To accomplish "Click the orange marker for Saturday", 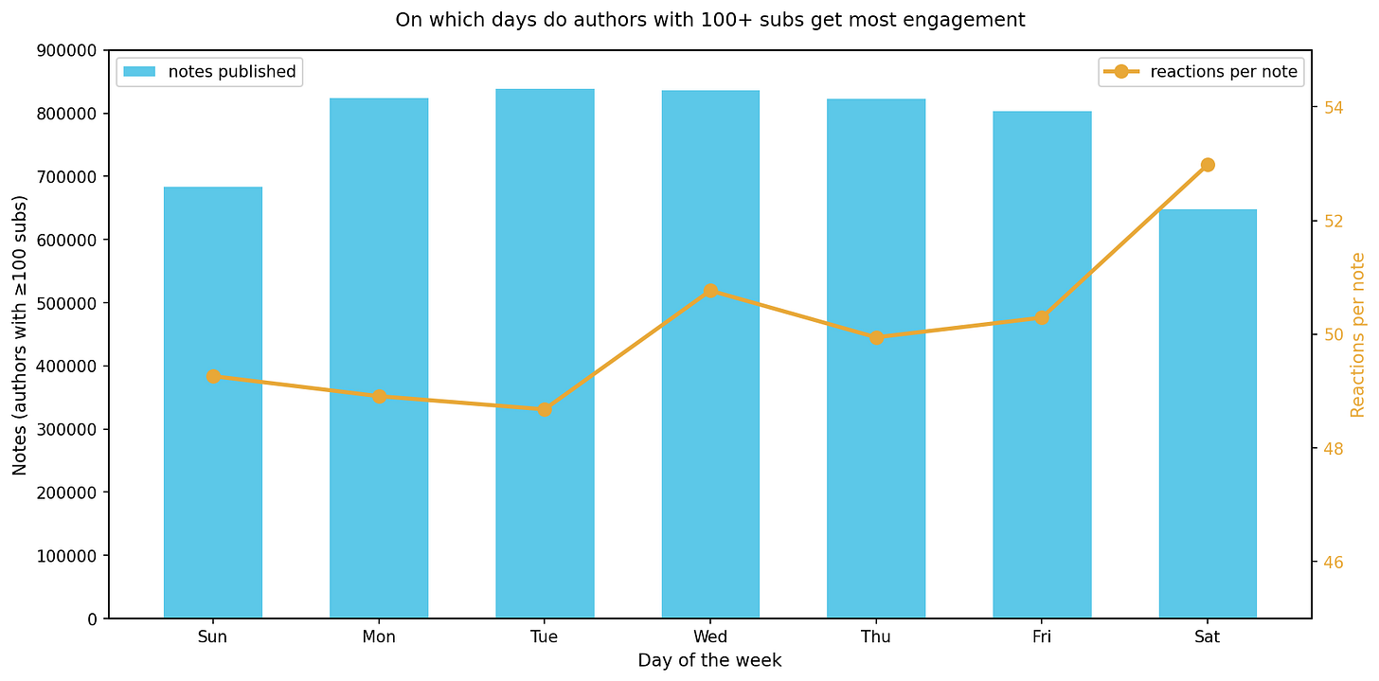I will click(1208, 165).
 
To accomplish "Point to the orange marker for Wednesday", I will click(710, 291).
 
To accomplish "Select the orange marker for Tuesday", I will click(545, 409).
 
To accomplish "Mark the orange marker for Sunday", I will click(213, 376).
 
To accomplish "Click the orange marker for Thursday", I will click(876, 337).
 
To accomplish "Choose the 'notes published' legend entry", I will click(209, 71).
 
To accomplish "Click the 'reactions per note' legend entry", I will click(1201, 71).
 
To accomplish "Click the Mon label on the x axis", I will click(379, 637).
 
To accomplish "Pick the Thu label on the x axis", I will click(876, 637).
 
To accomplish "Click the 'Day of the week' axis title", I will click(710, 661).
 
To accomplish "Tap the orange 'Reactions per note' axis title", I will click(1358, 334).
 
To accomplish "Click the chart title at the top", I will click(710, 20).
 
